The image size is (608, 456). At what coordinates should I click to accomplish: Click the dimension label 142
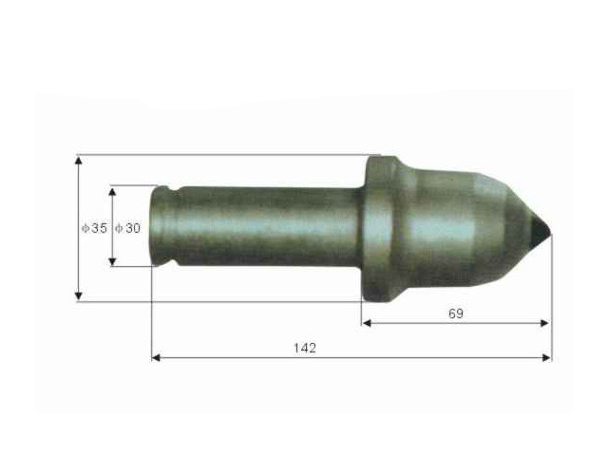click(x=305, y=348)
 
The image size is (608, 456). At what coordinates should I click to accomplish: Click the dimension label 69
click(x=456, y=313)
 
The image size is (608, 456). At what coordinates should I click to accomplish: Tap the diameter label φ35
click(x=94, y=228)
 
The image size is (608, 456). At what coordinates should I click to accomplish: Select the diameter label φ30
click(x=128, y=228)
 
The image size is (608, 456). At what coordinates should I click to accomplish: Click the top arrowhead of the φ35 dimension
click(x=78, y=160)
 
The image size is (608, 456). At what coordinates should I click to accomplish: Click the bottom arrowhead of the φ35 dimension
click(x=78, y=295)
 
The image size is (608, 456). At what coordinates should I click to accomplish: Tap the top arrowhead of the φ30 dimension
click(x=112, y=193)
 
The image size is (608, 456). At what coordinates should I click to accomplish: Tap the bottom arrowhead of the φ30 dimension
click(x=112, y=261)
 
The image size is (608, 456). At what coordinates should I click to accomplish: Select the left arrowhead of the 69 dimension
click(x=367, y=323)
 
